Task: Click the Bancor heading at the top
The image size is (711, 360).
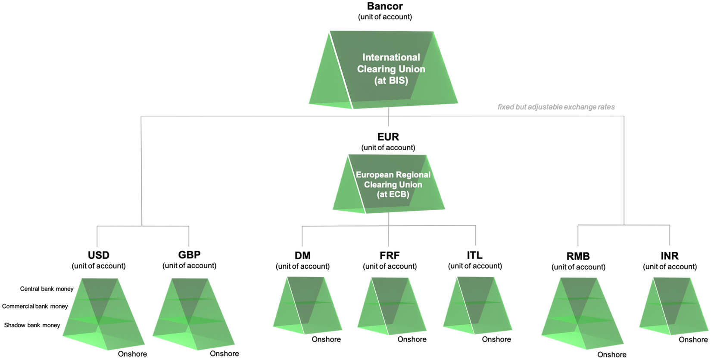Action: pyautogui.click(x=385, y=6)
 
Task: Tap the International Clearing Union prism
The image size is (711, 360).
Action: pyautogui.click(x=384, y=70)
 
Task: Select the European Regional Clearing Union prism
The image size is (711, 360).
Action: pyautogui.click(x=389, y=184)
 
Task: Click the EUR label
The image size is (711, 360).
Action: pyautogui.click(x=388, y=137)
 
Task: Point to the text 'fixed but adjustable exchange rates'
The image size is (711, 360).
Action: pyautogui.click(x=556, y=107)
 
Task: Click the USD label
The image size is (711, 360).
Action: pyautogui.click(x=98, y=255)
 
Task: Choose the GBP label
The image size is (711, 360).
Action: pyautogui.click(x=189, y=254)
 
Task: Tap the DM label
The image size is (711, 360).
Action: pyautogui.click(x=302, y=255)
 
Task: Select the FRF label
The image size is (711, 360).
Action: pyautogui.click(x=390, y=255)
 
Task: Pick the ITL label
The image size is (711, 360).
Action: pyautogui.click(x=474, y=255)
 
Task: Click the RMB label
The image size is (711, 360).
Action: pyautogui.click(x=578, y=256)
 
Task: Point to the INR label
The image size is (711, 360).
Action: pyautogui.click(x=670, y=256)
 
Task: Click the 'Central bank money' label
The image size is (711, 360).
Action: pyautogui.click(x=47, y=289)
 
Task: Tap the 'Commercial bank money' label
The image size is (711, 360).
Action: pyautogui.click(x=35, y=307)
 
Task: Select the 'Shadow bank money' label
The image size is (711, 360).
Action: pyautogui.click(x=32, y=325)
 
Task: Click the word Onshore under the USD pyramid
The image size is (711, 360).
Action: pyautogui.click(x=132, y=354)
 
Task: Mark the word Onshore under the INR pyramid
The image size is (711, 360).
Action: pyautogui.click(x=693, y=340)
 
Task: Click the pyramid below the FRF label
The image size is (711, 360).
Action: pyautogui.click(x=392, y=306)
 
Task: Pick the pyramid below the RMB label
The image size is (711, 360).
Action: pyautogui.click(x=583, y=314)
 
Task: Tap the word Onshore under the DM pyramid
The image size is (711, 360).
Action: pyautogui.click(x=326, y=339)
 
